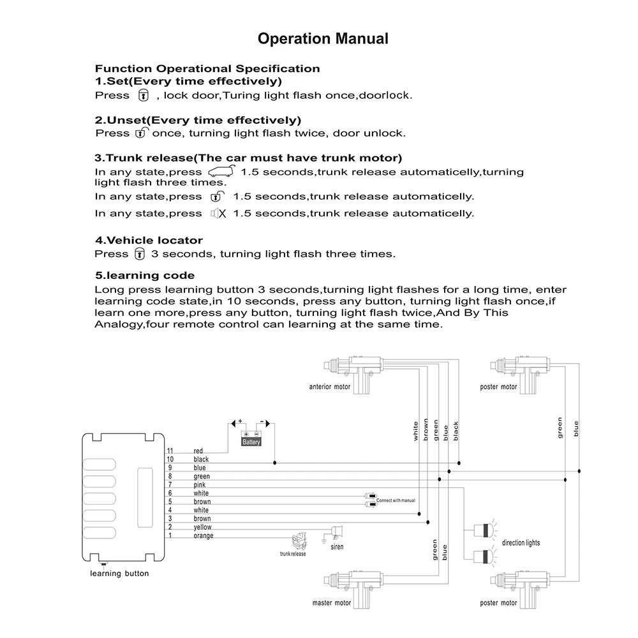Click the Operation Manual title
click(323, 39)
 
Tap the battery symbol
click(251, 440)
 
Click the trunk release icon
click(298, 542)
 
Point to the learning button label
click(119, 573)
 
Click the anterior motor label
click(329, 387)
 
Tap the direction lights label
click(521, 542)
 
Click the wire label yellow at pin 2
click(202, 527)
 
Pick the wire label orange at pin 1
click(204, 535)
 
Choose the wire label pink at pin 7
click(200, 485)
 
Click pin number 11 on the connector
click(170, 451)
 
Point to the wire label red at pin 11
click(198, 451)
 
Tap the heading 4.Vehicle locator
click(149, 241)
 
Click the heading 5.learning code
click(145, 276)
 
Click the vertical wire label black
click(456, 432)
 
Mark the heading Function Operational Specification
click(207, 68)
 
